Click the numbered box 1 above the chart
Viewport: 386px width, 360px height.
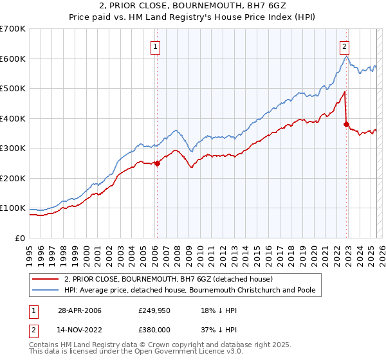[156, 46]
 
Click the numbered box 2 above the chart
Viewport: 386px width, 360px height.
[345, 46]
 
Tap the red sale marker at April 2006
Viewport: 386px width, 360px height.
[157, 163]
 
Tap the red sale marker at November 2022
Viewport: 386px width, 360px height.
[346, 124]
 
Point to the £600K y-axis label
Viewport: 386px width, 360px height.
[12, 59]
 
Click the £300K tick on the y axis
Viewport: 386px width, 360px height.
[12, 148]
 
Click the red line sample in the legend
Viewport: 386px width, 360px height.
[45, 279]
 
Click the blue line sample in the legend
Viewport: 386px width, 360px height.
[45, 290]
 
